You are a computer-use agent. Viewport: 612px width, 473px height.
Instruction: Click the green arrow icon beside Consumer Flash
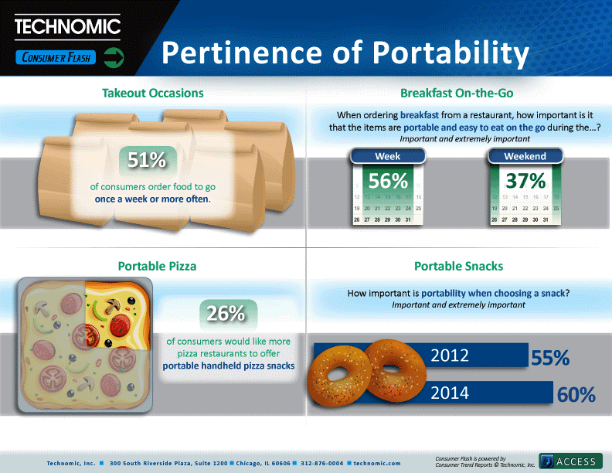point(114,58)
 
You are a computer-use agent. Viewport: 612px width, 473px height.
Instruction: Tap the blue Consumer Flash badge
point(56,57)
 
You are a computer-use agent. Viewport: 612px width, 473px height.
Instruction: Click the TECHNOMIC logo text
point(67,26)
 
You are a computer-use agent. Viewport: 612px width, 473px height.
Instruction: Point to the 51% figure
point(147,160)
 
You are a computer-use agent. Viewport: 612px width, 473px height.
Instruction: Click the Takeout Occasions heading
point(152,93)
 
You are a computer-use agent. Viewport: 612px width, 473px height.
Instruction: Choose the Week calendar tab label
point(388,156)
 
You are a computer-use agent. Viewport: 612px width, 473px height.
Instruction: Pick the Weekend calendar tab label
point(525,156)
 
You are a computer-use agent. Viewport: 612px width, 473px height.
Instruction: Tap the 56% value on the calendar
point(388,181)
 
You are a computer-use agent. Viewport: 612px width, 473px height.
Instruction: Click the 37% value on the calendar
point(525,181)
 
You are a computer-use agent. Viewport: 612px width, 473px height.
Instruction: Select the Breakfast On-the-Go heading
point(457,93)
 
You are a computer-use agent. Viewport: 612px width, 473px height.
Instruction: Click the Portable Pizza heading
point(157,266)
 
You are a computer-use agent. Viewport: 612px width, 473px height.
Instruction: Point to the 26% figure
point(226,313)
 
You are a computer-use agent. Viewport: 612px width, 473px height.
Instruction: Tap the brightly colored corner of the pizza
point(117,314)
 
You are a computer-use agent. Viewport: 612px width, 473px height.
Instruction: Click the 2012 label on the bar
point(450,356)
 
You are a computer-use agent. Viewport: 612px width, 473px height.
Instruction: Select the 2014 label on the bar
point(450,393)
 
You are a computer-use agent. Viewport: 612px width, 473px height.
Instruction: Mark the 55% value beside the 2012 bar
point(550,358)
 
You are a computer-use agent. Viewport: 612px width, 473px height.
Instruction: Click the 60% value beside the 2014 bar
point(576,395)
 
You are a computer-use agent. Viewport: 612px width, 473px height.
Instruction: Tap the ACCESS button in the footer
point(570,461)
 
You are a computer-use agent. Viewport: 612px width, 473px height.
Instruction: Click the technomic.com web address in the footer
point(377,463)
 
